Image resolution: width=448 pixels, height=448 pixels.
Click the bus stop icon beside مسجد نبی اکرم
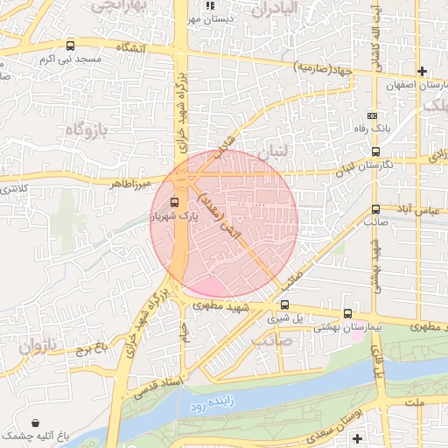pyautogui.click(x=70, y=45)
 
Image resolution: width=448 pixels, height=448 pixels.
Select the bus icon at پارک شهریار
pyautogui.click(x=173, y=203)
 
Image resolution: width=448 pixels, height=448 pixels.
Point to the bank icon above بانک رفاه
pyautogui.click(x=373, y=115)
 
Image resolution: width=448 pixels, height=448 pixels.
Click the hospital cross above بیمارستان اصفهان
pyautogui.click(x=423, y=71)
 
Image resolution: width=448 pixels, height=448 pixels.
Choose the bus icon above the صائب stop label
pyautogui.click(x=376, y=209)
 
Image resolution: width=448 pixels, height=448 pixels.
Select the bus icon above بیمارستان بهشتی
pyautogui.click(x=347, y=313)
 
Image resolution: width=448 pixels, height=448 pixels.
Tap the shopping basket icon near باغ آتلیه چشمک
pyautogui.click(x=34, y=422)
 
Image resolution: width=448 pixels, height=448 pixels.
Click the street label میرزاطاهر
pyautogui.click(x=130, y=185)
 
